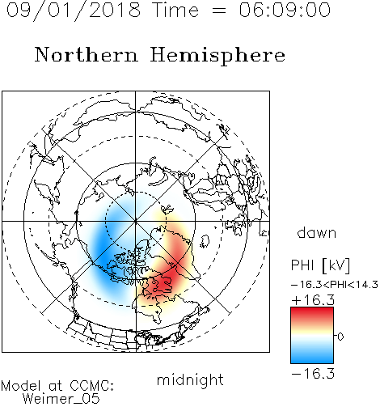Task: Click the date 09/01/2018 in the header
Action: (74, 10)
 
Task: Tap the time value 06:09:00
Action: (285, 10)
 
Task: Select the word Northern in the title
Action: (87, 54)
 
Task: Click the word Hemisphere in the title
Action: (217, 56)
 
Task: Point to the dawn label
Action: (317, 232)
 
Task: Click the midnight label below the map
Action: (190, 380)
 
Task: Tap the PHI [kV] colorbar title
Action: (320, 265)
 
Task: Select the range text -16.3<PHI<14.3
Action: (335, 285)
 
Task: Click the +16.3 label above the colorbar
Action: (313, 300)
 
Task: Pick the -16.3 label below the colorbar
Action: (313, 374)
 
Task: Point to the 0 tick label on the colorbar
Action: (340, 337)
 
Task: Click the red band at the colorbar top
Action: (312, 313)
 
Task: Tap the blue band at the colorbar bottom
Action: (312, 358)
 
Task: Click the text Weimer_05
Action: (61, 399)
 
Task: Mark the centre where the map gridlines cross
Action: (136, 221)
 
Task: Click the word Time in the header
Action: (175, 10)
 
